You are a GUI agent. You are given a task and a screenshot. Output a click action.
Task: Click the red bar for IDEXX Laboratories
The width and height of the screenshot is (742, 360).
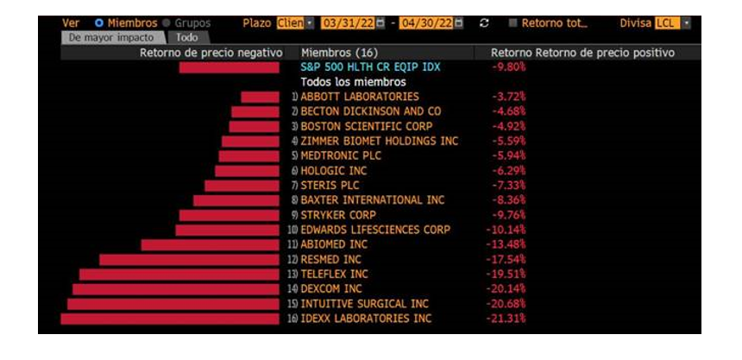[x=169, y=319]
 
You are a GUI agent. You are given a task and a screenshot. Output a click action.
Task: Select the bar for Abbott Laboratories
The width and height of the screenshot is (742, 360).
[x=260, y=97]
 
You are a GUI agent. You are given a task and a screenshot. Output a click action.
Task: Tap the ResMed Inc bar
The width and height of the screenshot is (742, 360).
[x=189, y=259]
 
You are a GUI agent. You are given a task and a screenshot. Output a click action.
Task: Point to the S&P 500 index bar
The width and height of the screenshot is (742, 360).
[x=229, y=66]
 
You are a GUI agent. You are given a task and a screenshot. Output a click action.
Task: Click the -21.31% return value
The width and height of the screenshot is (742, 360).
[x=508, y=319]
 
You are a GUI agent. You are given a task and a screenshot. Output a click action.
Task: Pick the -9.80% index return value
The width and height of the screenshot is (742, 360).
[x=508, y=66]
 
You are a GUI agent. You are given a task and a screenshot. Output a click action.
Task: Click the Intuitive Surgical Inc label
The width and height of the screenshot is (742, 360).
[x=364, y=304]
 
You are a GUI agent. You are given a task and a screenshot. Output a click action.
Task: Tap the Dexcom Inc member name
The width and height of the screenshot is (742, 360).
[x=331, y=289]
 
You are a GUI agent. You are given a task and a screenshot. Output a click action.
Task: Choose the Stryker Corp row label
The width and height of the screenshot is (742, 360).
[x=338, y=215]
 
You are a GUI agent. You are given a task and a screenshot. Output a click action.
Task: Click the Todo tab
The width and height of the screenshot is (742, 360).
[x=186, y=38]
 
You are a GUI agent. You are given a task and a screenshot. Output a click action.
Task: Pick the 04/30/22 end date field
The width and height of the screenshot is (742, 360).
[x=425, y=22]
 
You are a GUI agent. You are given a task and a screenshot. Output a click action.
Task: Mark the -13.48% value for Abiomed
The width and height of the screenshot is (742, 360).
[x=508, y=244]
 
